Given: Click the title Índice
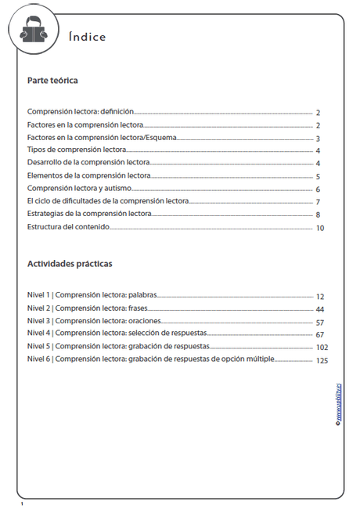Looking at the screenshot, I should pyautogui.click(x=87, y=37).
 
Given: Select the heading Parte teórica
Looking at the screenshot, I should pyautogui.click(x=52, y=81).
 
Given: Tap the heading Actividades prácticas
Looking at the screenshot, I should pyautogui.click(x=70, y=264).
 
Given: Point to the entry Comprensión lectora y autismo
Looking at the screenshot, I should pyautogui.click(x=85, y=189).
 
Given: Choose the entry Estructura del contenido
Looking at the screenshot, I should pyautogui.click(x=68, y=227).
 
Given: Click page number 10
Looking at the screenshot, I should pyautogui.click(x=320, y=229).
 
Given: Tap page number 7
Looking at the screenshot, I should pyautogui.click(x=318, y=203).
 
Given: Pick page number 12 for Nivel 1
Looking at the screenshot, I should pyautogui.click(x=320, y=297).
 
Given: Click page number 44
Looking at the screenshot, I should pyautogui.click(x=320, y=310).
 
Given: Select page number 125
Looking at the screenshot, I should pyautogui.click(x=322, y=361).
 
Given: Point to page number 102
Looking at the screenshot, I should pyautogui.click(x=322, y=348).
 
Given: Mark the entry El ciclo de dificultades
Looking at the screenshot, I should pyautogui.click(x=106, y=201).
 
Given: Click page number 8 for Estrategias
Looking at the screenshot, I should pyautogui.click(x=319, y=215).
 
